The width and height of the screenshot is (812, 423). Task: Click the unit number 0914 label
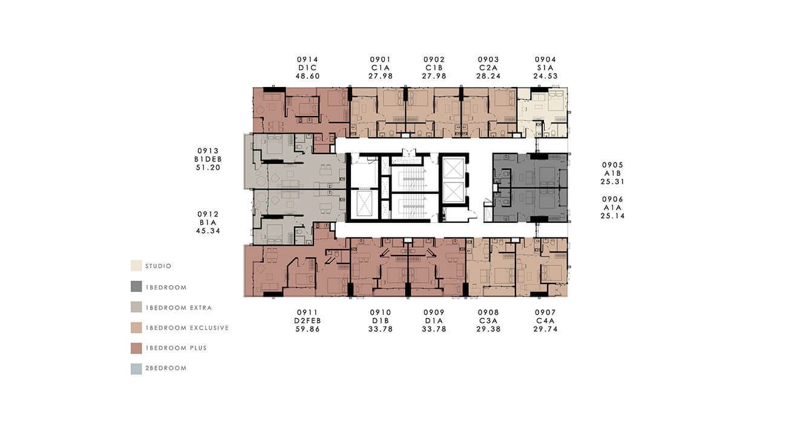coord(307,59)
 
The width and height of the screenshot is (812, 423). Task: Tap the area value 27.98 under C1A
coord(381,76)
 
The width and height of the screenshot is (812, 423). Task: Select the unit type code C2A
coord(488,68)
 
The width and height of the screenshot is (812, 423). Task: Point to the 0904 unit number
coord(545,59)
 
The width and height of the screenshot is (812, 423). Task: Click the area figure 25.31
coord(612,182)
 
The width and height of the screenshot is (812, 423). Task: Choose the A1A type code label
coord(612,207)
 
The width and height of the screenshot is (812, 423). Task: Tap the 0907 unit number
coord(545,312)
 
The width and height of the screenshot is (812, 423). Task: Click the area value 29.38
coord(488,329)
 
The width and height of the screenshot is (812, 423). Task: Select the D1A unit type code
coord(434,321)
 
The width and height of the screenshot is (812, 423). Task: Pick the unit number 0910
coord(381,312)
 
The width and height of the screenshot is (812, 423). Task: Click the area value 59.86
coord(307,329)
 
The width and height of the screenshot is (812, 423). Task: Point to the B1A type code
coord(208,222)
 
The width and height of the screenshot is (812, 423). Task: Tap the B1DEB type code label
coord(208,160)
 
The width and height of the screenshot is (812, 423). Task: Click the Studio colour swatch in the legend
coord(136,265)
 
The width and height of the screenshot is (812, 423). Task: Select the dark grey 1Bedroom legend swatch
coord(136,286)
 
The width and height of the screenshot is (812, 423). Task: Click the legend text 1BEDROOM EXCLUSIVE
coord(188,328)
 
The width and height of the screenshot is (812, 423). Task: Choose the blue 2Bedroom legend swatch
coord(136,369)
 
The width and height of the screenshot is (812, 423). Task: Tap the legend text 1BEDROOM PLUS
coord(176,348)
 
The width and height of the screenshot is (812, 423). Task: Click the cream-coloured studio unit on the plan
coord(542,112)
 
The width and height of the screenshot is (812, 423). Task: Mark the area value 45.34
coord(208,231)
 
